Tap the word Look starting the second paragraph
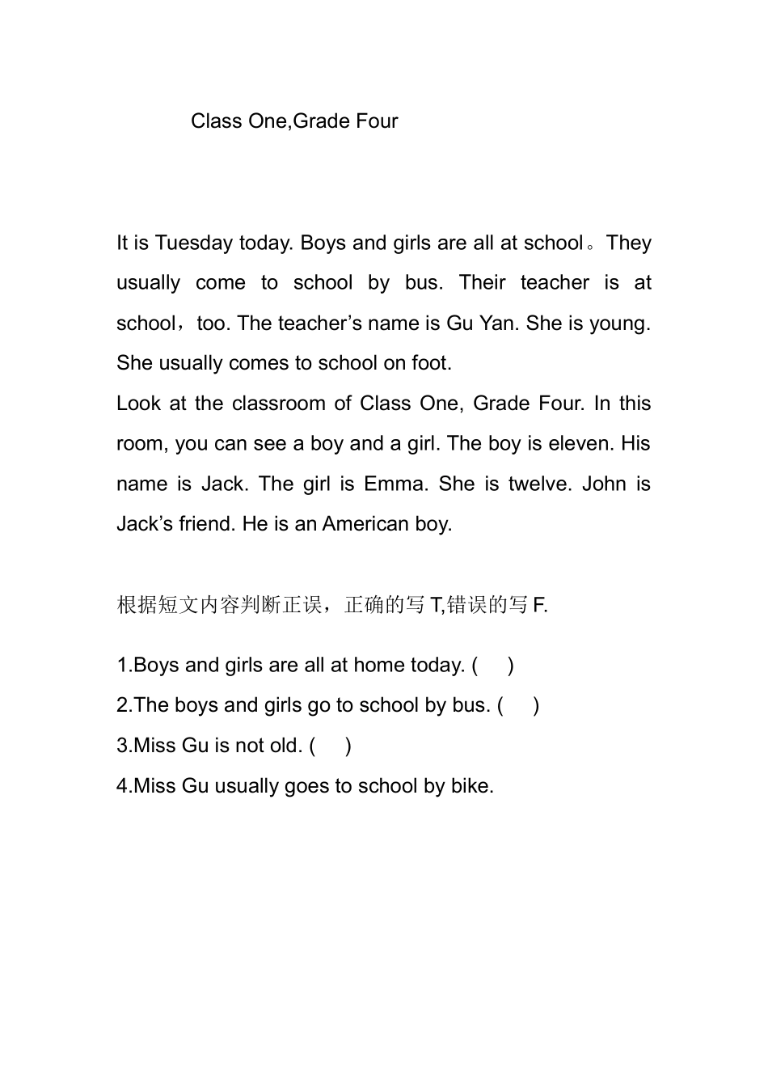click(139, 404)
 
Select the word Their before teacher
click(483, 283)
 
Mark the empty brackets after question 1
click(493, 666)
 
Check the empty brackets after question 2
click(519, 705)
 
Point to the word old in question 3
click(285, 746)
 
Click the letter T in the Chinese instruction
click(436, 605)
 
